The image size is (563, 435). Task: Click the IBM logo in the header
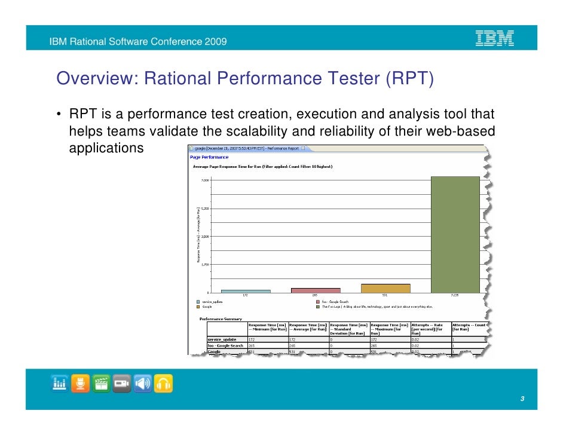point(494,39)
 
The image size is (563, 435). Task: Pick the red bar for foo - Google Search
point(315,290)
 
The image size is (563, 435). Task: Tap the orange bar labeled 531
point(385,288)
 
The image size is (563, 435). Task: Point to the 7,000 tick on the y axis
point(205,180)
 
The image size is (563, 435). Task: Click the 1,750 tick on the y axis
point(205,264)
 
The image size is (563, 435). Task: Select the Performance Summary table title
point(221,318)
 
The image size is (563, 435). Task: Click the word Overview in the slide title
point(87,78)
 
